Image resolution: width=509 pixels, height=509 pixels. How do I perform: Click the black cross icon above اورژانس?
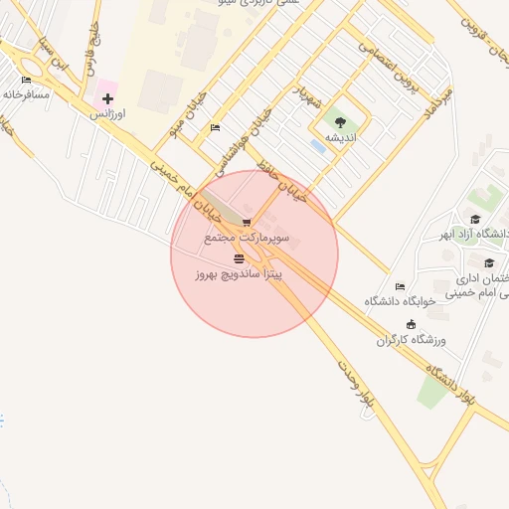[x=107, y=98]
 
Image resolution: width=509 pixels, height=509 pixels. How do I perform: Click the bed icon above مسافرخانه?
[x=26, y=80]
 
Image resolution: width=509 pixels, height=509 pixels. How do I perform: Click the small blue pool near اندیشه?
[x=317, y=146]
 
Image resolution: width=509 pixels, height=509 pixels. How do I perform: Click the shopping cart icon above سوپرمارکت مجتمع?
[x=246, y=222]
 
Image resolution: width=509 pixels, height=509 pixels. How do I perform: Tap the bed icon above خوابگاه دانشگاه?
[x=400, y=286]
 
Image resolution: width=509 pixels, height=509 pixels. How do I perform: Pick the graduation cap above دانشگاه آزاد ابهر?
[x=475, y=220]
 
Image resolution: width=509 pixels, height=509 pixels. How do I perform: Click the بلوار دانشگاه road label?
[x=451, y=384]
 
